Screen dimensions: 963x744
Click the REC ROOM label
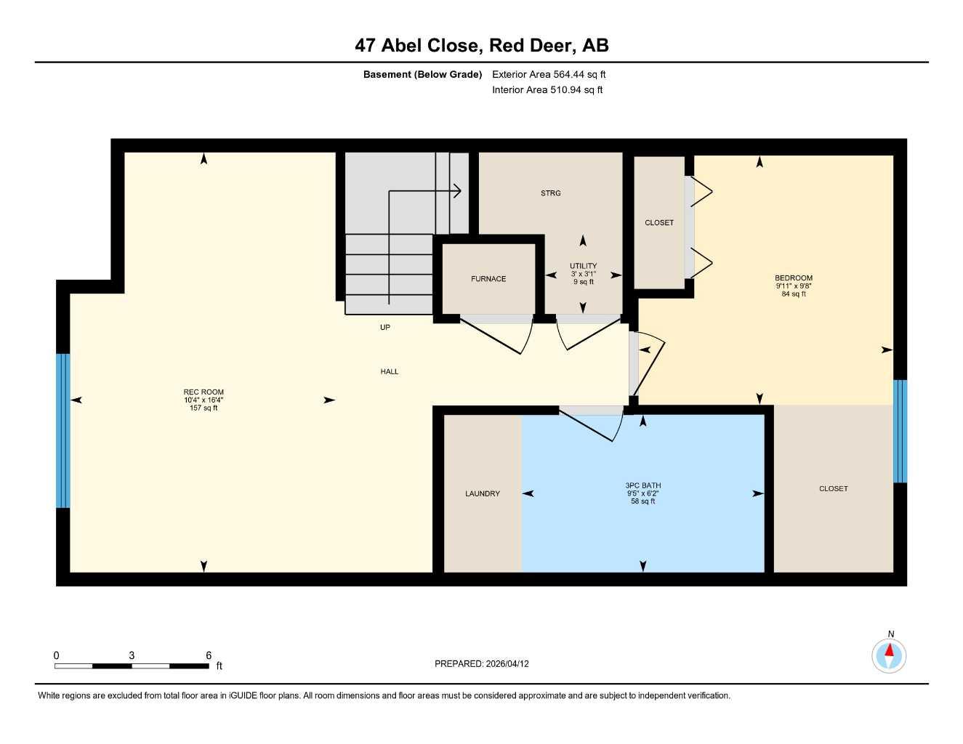pyautogui.click(x=204, y=392)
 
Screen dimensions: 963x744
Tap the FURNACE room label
pyautogui.click(x=488, y=278)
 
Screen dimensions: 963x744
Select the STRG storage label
pyautogui.click(x=551, y=193)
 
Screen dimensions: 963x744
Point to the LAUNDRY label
pyautogui.click(x=483, y=493)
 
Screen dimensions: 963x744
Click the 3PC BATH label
pyautogui.click(x=643, y=485)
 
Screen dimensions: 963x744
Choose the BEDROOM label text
pyautogui.click(x=794, y=278)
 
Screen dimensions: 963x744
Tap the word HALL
pyautogui.click(x=390, y=371)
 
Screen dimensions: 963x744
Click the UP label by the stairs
pyautogui.click(x=385, y=327)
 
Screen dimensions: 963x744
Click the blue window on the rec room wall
pyautogui.click(x=63, y=430)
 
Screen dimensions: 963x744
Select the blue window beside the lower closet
pyautogui.click(x=900, y=432)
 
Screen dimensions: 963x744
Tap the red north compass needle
pyautogui.click(x=890, y=650)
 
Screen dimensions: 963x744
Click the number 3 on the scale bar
pyautogui.click(x=132, y=655)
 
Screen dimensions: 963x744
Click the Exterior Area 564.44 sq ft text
pyautogui.click(x=549, y=74)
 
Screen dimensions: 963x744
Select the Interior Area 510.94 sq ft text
pyautogui.click(x=547, y=90)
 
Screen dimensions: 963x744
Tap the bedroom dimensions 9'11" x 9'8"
pyautogui.click(x=794, y=286)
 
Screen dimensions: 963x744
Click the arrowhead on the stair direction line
pyautogui.click(x=457, y=191)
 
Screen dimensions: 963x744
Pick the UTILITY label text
pyautogui.click(x=583, y=266)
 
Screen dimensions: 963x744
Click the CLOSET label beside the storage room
pyautogui.click(x=659, y=223)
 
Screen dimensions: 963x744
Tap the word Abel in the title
pyautogui.click(x=401, y=46)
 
